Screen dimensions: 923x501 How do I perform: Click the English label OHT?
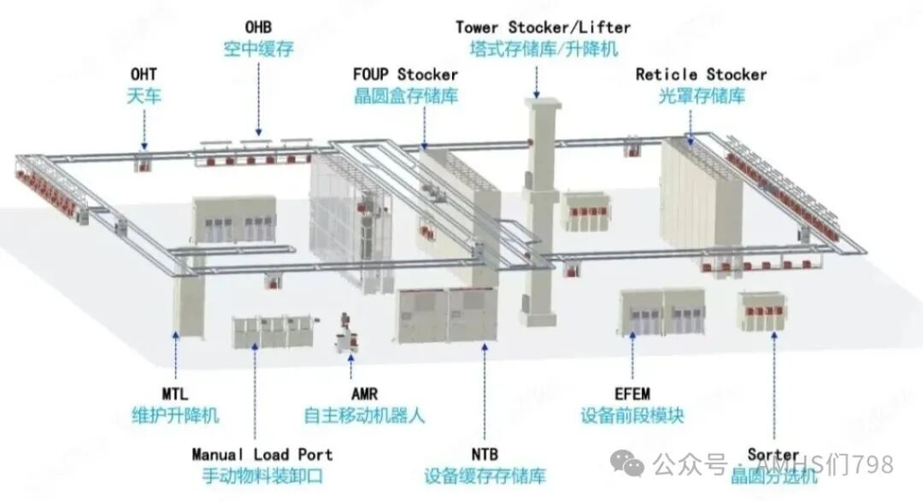click(144, 74)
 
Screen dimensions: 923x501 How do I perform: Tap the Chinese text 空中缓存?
click(258, 49)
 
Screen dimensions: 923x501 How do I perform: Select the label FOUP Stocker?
click(405, 74)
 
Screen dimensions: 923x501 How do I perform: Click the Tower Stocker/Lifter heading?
click(543, 27)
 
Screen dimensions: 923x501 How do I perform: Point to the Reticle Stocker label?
click(701, 74)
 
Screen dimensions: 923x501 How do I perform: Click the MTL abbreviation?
click(175, 394)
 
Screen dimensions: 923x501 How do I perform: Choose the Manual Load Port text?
click(262, 455)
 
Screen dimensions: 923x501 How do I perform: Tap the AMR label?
click(364, 394)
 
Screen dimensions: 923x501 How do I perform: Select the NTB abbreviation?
click(485, 455)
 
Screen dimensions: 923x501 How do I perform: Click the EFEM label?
click(632, 394)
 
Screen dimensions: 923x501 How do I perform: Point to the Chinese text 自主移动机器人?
click(364, 416)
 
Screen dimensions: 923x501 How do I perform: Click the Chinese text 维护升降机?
click(175, 416)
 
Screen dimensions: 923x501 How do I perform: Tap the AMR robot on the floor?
click(347, 334)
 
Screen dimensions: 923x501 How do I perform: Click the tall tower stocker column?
click(540, 212)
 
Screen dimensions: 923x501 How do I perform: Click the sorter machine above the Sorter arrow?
click(763, 311)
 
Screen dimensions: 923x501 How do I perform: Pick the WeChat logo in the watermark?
click(627, 464)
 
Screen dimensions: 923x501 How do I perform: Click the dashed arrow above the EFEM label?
click(632, 356)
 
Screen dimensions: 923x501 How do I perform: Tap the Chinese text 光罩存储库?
click(701, 96)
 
